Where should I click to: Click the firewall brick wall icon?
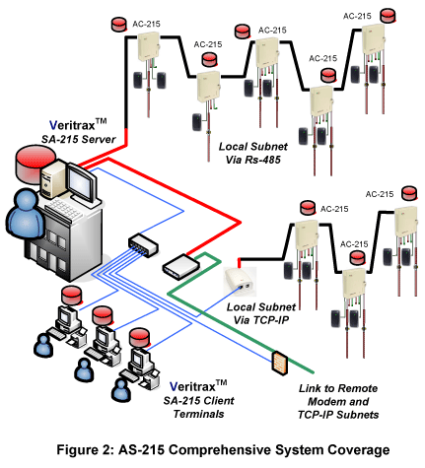(x=279, y=363)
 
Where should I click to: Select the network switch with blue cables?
(x=143, y=245)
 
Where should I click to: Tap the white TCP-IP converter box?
(x=240, y=282)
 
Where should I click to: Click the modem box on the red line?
(x=181, y=266)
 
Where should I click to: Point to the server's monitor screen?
(x=81, y=182)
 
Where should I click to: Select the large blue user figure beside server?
(x=25, y=213)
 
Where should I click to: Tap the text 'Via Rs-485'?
(x=253, y=160)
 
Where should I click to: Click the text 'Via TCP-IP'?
(x=261, y=320)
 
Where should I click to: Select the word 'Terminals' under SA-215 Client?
(x=198, y=414)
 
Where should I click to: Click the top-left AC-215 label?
(x=146, y=24)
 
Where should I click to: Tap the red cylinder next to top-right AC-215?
(x=389, y=16)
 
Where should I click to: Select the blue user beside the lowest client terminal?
(x=121, y=390)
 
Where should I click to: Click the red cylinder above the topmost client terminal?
(x=72, y=296)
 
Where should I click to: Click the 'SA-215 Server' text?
(x=79, y=139)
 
